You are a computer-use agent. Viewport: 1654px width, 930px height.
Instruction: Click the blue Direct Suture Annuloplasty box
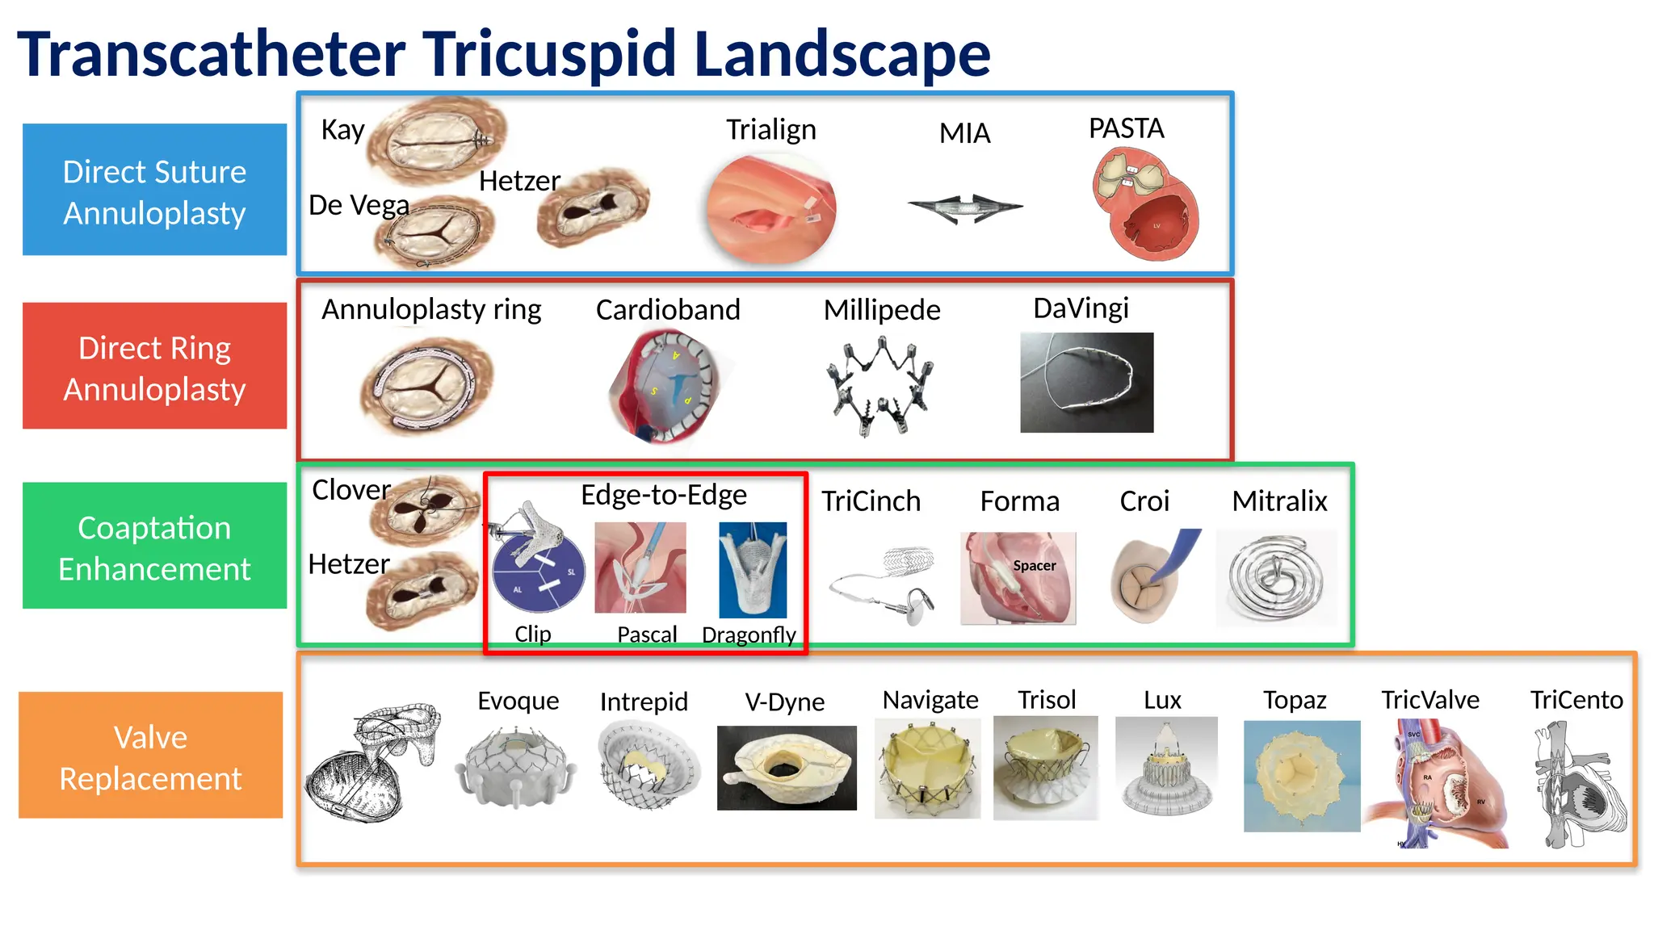pos(154,190)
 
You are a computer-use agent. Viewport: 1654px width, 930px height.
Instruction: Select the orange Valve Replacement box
pos(151,756)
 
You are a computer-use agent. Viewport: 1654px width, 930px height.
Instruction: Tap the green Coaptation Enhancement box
pos(154,546)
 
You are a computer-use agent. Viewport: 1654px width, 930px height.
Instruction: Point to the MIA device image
pos(965,207)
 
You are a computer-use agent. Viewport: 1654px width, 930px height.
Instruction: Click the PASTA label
pos(1126,128)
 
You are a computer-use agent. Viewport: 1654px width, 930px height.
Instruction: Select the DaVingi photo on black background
pos(1086,382)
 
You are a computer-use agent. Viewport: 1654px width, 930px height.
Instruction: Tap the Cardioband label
pos(668,309)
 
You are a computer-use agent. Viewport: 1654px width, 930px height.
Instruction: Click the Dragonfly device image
pos(753,569)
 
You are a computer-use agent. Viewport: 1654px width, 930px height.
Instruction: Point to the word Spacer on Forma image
pos(1035,566)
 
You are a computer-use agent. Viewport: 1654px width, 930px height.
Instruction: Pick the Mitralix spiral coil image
pos(1276,578)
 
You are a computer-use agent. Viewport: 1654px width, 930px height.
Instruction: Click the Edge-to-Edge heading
pos(664,494)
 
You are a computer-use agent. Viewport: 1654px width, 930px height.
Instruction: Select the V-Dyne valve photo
pos(787,767)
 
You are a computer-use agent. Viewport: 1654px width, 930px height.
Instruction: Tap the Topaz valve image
pos(1301,776)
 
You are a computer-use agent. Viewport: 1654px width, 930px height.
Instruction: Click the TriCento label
pos(1576,699)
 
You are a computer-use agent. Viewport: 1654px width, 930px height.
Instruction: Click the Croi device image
pos(1151,576)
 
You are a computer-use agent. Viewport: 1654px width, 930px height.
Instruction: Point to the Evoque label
pos(518,700)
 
